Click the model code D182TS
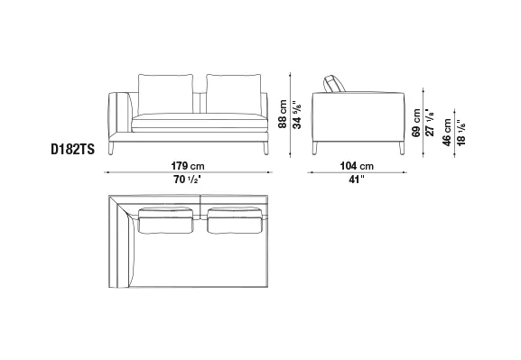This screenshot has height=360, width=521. tap(72, 149)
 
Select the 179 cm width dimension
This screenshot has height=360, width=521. tap(188, 166)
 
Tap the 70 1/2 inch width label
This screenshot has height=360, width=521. tap(188, 180)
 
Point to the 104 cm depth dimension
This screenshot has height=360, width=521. tap(357, 166)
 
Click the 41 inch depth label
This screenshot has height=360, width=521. tap(357, 180)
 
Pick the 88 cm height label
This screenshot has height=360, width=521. tap(283, 114)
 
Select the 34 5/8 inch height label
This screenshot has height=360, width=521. tap(297, 114)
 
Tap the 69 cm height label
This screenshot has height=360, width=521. tap(416, 123)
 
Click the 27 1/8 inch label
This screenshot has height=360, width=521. tap(430, 122)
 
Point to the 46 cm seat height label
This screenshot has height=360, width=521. tap(447, 132)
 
